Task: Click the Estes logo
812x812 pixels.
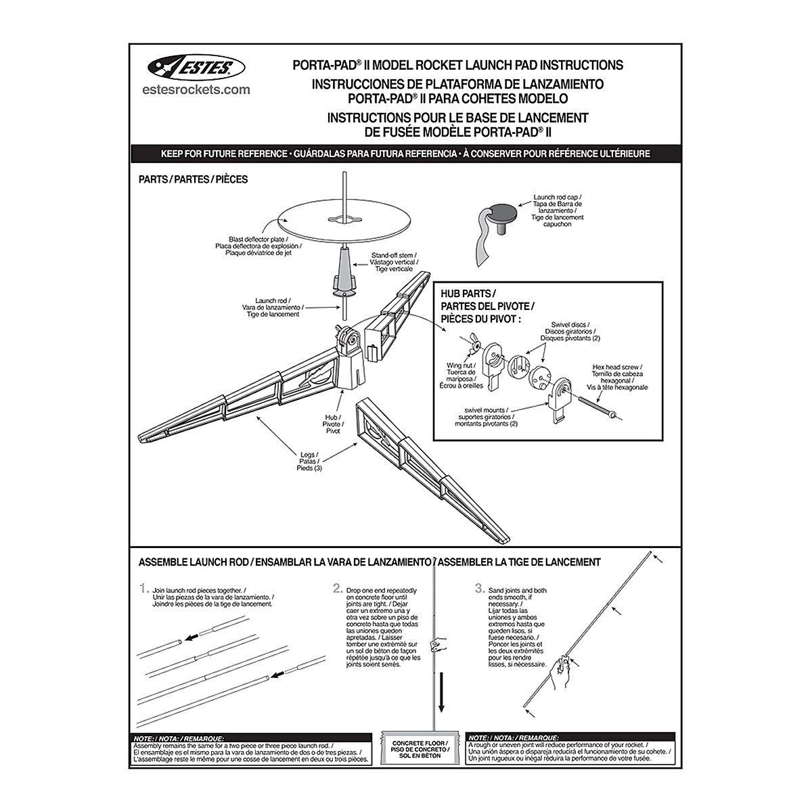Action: click(191, 66)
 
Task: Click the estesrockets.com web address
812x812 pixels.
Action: click(197, 89)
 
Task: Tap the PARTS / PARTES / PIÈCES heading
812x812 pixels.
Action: click(193, 179)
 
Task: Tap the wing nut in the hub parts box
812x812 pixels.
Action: click(475, 346)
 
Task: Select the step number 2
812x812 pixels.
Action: click(337, 588)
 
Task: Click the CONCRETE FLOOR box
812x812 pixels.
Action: click(421, 749)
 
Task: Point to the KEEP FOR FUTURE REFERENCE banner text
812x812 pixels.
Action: click(405, 154)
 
